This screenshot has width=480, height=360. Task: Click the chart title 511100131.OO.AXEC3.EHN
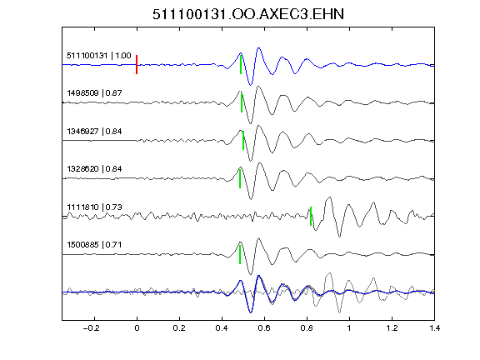pyautogui.click(x=248, y=14)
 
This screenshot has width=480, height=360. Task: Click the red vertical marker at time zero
pyautogui.click(x=137, y=65)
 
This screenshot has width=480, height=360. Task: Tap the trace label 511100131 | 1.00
pyautogui.click(x=99, y=55)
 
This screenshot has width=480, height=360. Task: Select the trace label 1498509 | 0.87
pyautogui.click(x=94, y=92)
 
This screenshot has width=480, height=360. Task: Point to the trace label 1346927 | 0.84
pyautogui.click(x=94, y=132)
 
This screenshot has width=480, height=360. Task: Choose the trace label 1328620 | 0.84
pyautogui.click(x=94, y=169)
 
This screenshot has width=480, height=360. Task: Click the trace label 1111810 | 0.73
pyautogui.click(x=94, y=207)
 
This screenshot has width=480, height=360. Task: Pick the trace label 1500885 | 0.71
pyautogui.click(x=94, y=245)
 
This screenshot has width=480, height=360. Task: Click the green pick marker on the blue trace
pyautogui.click(x=241, y=64)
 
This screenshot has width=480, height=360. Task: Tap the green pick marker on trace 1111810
pyautogui.click(x=311, y=216)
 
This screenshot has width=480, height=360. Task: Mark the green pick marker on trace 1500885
pyautogui.click(x=240, y=254)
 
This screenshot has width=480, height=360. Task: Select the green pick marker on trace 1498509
pyautogui.click(x=242, y=102)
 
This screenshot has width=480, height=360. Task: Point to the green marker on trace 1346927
pyautogui.click(x=243, y=140)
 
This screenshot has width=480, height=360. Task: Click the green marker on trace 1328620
pyautogui.click(x=240, y=178)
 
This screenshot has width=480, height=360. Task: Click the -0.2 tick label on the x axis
pyautogui.click(x=91, y=328)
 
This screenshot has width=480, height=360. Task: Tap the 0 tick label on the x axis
pyautogui.click(x=137, y=328)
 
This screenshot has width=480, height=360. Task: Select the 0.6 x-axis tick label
pyautogui.click(x=264, y=328)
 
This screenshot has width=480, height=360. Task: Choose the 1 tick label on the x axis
pyautogui.click(x=349, y=328)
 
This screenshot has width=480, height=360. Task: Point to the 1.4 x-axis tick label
pyautogui.click(x=434, y=328)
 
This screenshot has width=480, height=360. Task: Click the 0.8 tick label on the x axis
pyautogui.click(x=307, y=328)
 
